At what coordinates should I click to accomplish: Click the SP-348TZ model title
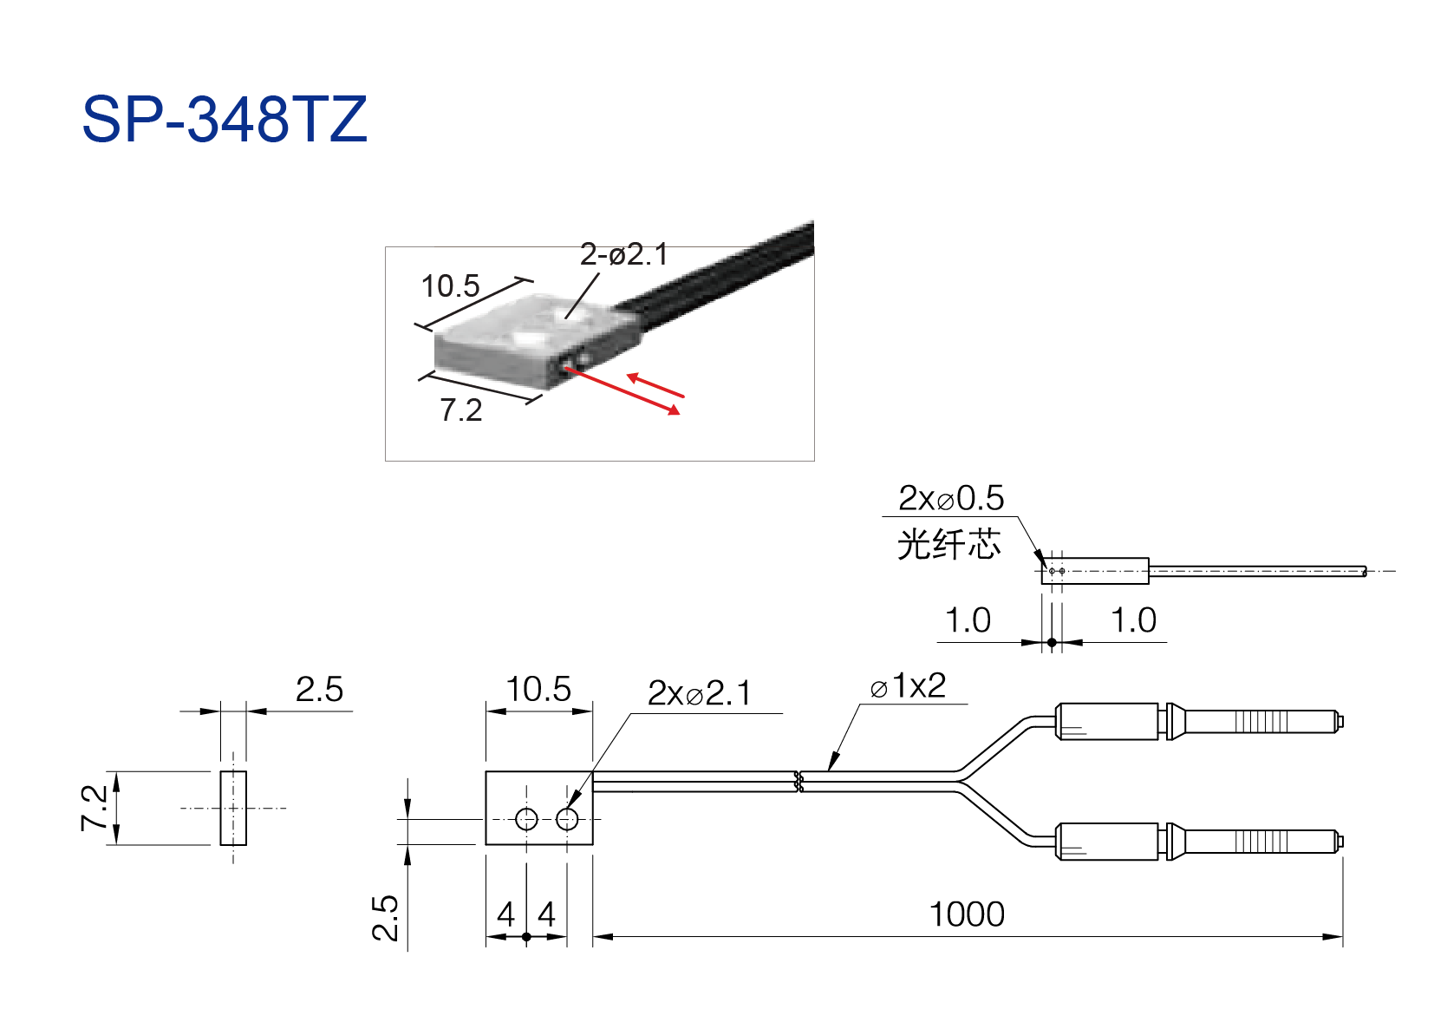tap(225, 119)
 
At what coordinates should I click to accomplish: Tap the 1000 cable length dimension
tap(967, 914)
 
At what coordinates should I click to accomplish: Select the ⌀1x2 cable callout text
tap(908, 686)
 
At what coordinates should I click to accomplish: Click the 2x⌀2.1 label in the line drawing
tap(699, 693)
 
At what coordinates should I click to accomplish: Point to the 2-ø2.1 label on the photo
tap(624, 254)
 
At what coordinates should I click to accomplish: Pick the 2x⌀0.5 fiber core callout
tap(951, 498)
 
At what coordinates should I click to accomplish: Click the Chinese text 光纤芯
tap(948, 545)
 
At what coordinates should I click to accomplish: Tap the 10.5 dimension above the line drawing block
tap(538, 690)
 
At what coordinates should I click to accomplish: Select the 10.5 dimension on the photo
tap(450, 285)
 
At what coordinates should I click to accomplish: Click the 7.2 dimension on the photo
tap(461, 410)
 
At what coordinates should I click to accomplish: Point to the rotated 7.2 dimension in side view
tap(95, 808)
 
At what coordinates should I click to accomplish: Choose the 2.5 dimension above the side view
tap(319, 690)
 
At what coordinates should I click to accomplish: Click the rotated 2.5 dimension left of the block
tap(385, 918)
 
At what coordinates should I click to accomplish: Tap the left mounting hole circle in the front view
tap(526, 819)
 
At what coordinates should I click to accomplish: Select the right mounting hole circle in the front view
tap(567, 819)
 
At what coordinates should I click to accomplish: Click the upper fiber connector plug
tap(1198, 722)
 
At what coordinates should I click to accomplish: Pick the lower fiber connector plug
tap(1198, 842)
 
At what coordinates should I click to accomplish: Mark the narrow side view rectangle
tap(233, 808)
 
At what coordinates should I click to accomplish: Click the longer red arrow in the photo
tap(622, 390)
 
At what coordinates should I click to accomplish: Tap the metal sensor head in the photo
tap(538, 341)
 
